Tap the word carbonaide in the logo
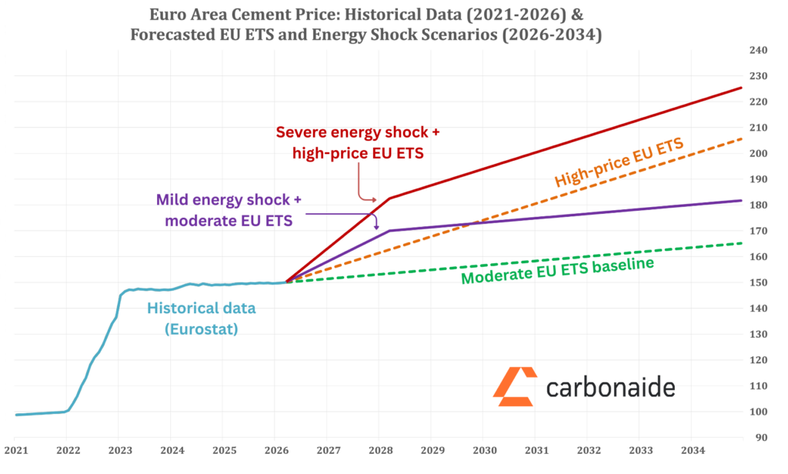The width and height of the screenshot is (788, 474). point(610,387)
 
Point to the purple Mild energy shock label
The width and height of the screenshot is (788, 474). point(228,210)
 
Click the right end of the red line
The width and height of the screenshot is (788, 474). point(741,88)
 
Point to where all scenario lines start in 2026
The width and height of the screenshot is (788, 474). point(286,282)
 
